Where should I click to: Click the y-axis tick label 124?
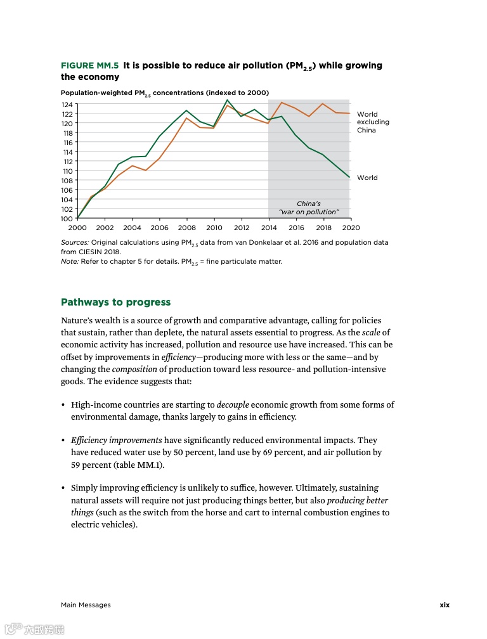pos(67,105)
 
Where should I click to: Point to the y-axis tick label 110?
pos(67,171)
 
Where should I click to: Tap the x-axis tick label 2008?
pos(186,228)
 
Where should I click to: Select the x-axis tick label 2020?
pos(351,228)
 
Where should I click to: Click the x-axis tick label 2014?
pos(268,228)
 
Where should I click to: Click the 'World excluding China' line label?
pos(373,122)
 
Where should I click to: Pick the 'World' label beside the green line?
pos(367,178)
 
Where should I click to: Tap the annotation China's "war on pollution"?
pos(309,208)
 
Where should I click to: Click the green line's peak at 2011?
pos(228,100)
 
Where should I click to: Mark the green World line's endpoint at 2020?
pos(350,177)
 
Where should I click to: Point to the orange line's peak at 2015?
pos(282,103)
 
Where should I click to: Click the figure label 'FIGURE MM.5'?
pos(89,65)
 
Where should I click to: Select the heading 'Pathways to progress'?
pos(115,302)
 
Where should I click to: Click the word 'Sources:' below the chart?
pos(75,243)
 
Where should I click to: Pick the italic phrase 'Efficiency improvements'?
pos(117,440)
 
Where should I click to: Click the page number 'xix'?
pos(445,605)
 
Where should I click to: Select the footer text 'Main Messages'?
pos(86,605)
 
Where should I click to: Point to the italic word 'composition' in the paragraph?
pos(134,369)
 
